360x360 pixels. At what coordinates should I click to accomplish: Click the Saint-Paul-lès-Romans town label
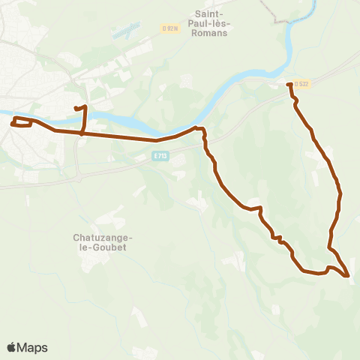(x=211, y=23)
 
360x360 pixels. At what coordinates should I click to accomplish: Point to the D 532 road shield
(x=301, y=84)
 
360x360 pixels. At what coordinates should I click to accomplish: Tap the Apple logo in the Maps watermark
(x=12, y=347)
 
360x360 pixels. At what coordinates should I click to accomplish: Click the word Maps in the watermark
(x=32, y=347)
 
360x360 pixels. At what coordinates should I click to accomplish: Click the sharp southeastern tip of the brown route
(x=348, y=276)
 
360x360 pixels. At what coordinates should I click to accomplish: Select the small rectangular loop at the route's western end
(x=22, y=122)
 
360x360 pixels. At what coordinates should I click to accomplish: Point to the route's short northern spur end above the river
(x=76, y=109)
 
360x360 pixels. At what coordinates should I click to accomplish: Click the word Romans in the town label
(x=211, y=33)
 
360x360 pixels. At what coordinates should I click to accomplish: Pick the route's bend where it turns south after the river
(x=202, y=131)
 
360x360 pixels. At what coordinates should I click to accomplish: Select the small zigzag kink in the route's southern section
(x=278, y=239)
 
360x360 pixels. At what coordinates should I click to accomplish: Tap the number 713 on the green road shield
(x=160, y=156)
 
